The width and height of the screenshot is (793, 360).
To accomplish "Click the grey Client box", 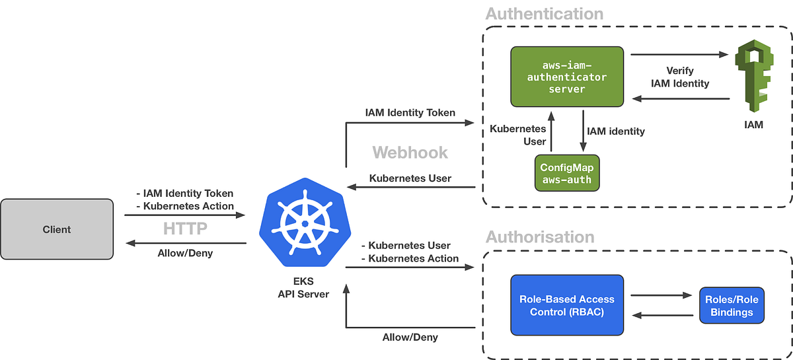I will (x=56, y=229).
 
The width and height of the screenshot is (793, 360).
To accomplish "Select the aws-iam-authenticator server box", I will (x=566, y=77).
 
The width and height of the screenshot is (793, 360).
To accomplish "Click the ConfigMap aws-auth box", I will (x=566, y=174).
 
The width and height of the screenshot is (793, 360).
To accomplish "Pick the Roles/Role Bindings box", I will (x=732, y=306).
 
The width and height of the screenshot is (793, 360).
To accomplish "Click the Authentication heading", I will (x=544, y=14).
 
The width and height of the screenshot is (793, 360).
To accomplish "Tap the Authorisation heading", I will (x=540, y=236).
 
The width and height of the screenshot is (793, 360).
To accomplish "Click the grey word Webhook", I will (x=410, y=153).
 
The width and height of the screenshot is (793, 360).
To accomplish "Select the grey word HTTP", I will (x=185, y=229).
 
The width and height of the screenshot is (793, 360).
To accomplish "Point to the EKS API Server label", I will (x=304, y=287).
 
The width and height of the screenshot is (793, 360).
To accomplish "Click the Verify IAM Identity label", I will (x=680, y=77).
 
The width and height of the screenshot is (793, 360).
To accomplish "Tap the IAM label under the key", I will (x=753, y=124).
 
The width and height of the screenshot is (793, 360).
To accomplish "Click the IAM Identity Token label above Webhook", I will (x=410, y=112).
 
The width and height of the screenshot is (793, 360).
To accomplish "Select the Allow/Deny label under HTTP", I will (x=185, y=252).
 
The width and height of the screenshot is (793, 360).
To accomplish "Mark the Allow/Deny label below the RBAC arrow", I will (x=410, y=337).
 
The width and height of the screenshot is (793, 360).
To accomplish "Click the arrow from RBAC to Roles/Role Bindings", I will (x=661, y=296).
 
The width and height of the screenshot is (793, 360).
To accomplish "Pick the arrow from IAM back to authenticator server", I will (x=681, y=99).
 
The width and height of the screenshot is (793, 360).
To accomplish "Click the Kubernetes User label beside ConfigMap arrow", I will (x=526, y=135).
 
